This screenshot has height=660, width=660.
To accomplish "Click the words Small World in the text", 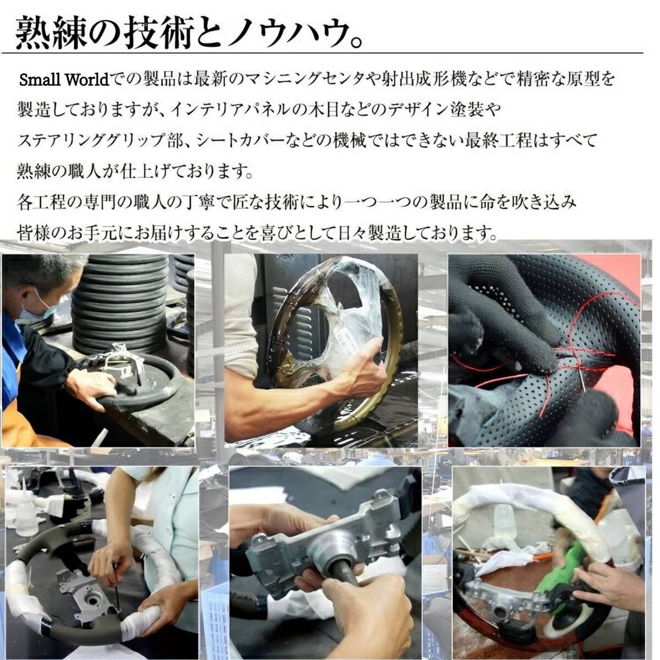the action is coord(64,80).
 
